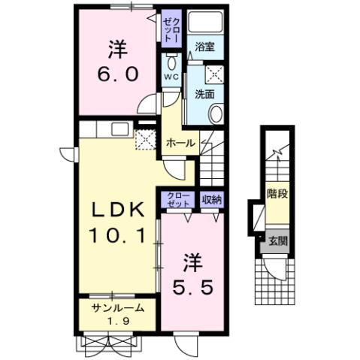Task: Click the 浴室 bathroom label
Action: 204,47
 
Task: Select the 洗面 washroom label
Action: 204,94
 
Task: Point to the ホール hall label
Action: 180,143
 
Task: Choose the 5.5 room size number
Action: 193,286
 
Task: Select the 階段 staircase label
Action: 277,193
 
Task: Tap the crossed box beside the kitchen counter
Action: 143,140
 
